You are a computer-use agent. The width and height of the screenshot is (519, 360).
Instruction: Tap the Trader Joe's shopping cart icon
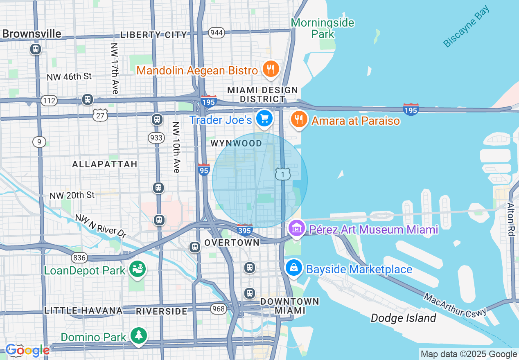click(264, 119)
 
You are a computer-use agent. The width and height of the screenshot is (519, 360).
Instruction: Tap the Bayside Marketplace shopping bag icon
click(294, 268)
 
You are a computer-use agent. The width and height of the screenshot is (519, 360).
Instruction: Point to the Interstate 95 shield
click(204, 169)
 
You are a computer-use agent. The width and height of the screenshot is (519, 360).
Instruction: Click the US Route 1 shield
click(282, 174)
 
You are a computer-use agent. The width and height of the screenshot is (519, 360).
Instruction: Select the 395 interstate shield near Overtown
click(244, 229)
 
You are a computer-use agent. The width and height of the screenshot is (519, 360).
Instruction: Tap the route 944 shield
click(216, 33)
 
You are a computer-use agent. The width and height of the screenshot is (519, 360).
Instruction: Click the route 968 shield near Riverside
click(219, 308)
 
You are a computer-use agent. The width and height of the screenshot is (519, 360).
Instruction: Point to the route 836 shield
click(79, 257)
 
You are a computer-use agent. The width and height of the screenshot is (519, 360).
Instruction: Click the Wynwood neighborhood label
click(236, 143)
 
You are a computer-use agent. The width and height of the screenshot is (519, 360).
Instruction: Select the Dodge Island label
click(403, 318)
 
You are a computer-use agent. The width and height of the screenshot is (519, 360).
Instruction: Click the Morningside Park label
click(323, 28)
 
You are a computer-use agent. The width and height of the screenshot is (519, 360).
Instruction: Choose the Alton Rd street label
click(510, 219)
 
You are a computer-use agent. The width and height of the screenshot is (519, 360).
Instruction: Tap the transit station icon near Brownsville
click(36, 49)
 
